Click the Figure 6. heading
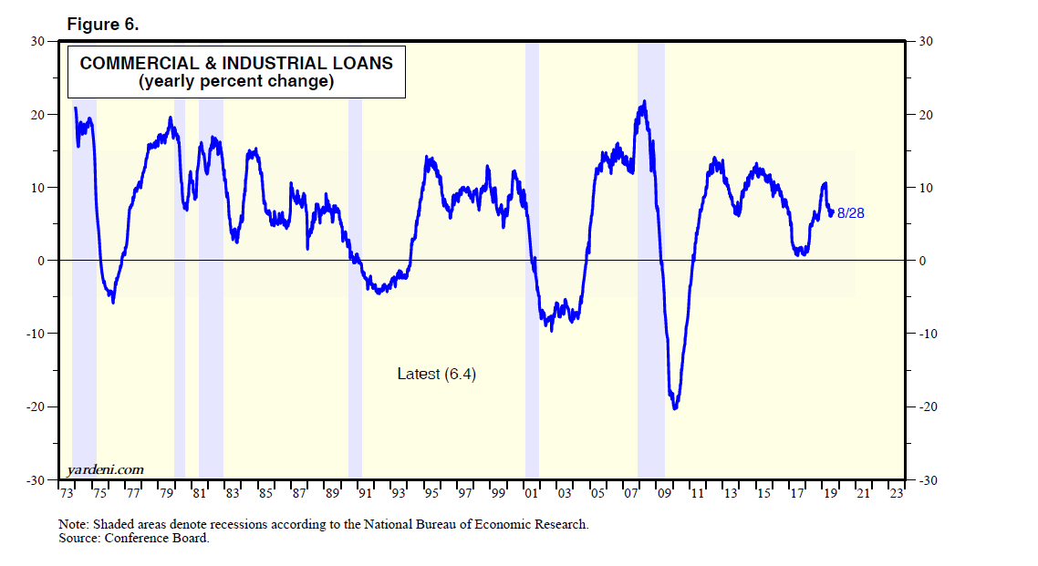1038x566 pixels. (x=103, y=24)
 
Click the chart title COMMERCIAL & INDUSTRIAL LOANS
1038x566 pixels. (x=236, y=63)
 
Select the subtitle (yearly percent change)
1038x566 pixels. (x=236, y=81)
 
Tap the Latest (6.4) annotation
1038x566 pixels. (x=436, y=374)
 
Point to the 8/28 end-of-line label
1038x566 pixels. (x=850, y=212)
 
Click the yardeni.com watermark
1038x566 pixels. (x=105, y=469)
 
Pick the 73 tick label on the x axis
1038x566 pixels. (x=67, y=493)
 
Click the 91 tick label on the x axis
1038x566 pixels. (x=365, y=493)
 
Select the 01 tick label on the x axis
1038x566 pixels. (x=531, y=493)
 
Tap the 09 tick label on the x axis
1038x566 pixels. (x=664, y=493)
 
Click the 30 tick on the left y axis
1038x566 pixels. (x=37, y=41)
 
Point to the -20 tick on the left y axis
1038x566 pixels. (x=35, y=406)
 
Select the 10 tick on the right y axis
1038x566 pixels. (x=924, y=188)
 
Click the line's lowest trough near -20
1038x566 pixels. (x=675, y=407)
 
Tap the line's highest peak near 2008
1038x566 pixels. (x=645, y=101)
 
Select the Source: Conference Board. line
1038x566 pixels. (x=133, y=538)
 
